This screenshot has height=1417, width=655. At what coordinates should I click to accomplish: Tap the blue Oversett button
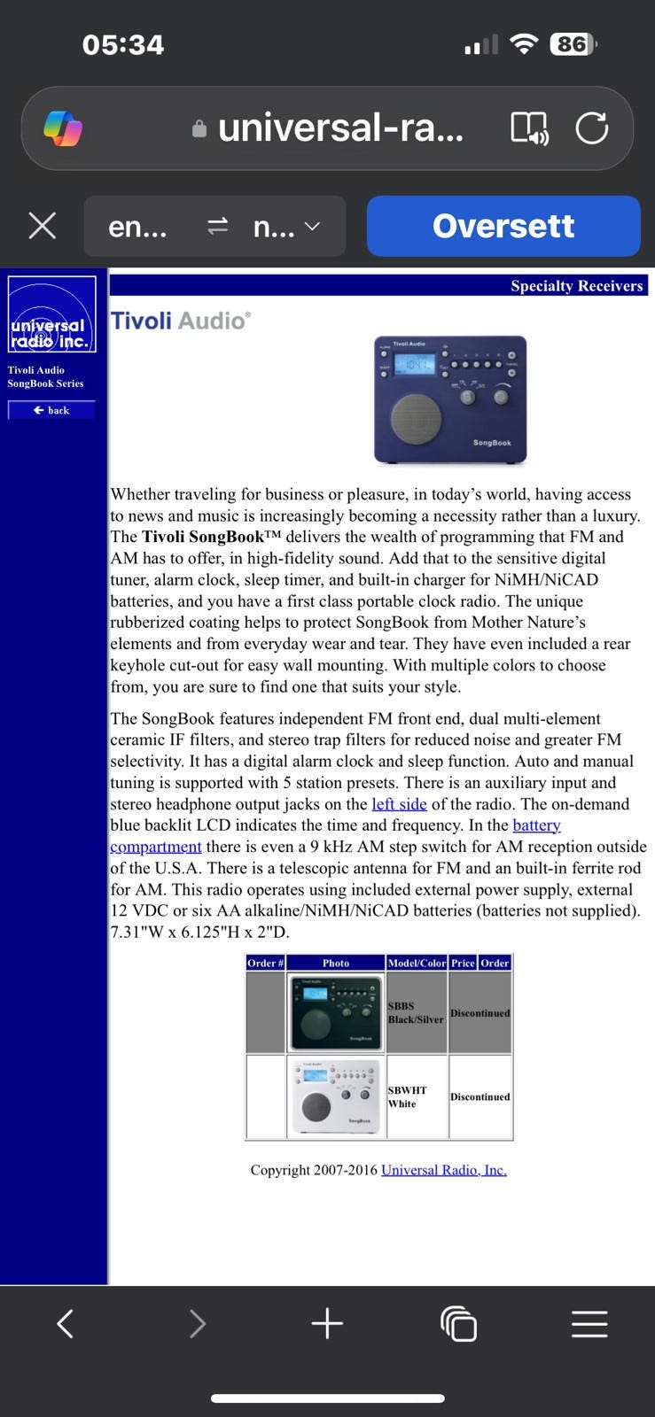[x=503, y=226]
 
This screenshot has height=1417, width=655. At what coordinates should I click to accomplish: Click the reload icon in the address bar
[x=591, y=128]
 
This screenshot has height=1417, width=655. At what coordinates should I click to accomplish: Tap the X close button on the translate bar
[x=43, y=226]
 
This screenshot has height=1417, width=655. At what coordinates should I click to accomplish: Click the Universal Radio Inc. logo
[x=51, y=314]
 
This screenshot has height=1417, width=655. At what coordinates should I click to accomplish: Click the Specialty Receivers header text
[x=576, y=285]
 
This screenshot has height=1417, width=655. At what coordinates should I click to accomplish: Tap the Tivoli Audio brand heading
[x=180, y=321]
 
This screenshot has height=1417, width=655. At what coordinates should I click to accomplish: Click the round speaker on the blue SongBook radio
[x=415, y=419]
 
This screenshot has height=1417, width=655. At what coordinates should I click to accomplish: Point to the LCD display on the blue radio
[x=413, y=364]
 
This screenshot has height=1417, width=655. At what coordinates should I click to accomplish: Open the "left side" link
[x=399, y=804]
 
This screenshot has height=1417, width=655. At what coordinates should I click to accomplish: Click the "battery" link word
[x=536, y=825]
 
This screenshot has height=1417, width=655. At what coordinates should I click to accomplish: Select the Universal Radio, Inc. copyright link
[x=443, y=1170]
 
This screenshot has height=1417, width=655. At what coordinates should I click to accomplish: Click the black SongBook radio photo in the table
[x=335, y=1012]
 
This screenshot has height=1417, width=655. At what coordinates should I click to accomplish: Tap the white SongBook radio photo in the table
[x=335, y=1096]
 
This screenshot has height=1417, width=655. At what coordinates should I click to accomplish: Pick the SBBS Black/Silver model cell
[x=416, y=1012]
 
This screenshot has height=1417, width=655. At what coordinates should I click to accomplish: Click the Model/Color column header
[x=416, y=963]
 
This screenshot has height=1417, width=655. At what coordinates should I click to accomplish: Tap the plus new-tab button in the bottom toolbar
[x=327, y=1324]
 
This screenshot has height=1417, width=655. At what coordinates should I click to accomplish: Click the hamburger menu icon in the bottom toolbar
[x=589, y=1324]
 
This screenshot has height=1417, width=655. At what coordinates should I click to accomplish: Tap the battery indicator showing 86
[x=573, y=44]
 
